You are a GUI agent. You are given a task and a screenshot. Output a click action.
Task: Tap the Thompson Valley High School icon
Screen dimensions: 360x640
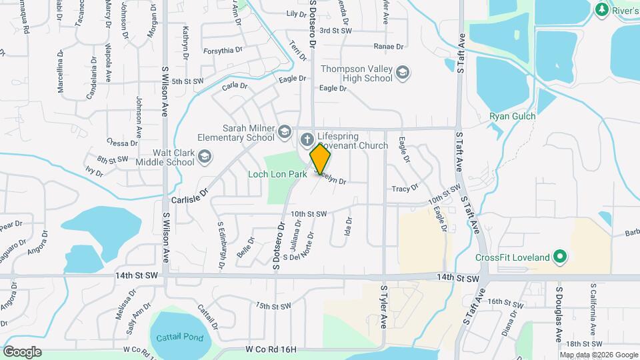402,72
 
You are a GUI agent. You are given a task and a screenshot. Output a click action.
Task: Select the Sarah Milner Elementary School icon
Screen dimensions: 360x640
285,131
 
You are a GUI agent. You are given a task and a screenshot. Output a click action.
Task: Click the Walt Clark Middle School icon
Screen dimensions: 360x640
205,157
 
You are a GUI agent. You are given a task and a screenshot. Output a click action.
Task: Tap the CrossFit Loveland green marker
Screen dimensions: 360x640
561,257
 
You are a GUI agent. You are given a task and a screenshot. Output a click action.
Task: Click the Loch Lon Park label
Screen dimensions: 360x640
277,174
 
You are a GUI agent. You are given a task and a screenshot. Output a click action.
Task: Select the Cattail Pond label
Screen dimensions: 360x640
179,337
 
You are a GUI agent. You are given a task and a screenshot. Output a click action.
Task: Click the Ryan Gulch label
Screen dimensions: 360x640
513,116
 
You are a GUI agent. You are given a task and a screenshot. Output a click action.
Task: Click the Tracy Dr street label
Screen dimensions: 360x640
405,189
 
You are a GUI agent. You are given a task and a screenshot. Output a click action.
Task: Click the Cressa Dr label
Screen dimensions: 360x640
121,143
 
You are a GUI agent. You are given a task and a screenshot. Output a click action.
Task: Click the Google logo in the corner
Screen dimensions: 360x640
22,351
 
